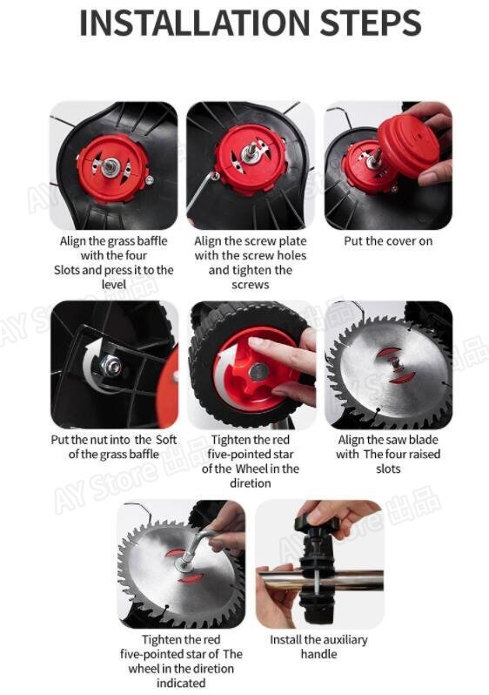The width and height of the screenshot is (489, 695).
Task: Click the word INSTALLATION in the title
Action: click(x=195, y=23)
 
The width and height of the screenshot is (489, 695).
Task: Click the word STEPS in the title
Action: click(x=371, y=23)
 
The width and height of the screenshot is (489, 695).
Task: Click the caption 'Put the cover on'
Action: click(x=388, y=241)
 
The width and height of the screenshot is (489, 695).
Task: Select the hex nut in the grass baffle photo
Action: click(x=111, y=365)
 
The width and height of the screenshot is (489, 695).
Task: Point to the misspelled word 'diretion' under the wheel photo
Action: click(x=251, y=483)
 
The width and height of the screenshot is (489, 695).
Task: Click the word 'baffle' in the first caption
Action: click(x=152, y=241)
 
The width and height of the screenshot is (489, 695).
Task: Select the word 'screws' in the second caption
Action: click(x=251, y=285)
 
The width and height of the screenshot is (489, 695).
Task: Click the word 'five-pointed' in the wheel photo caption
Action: click(x=251, y=455)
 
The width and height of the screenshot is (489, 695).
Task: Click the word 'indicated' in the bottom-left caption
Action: click(x=181, y=683)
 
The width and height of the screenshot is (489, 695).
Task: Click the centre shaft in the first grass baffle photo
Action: click(x=109, y=166)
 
